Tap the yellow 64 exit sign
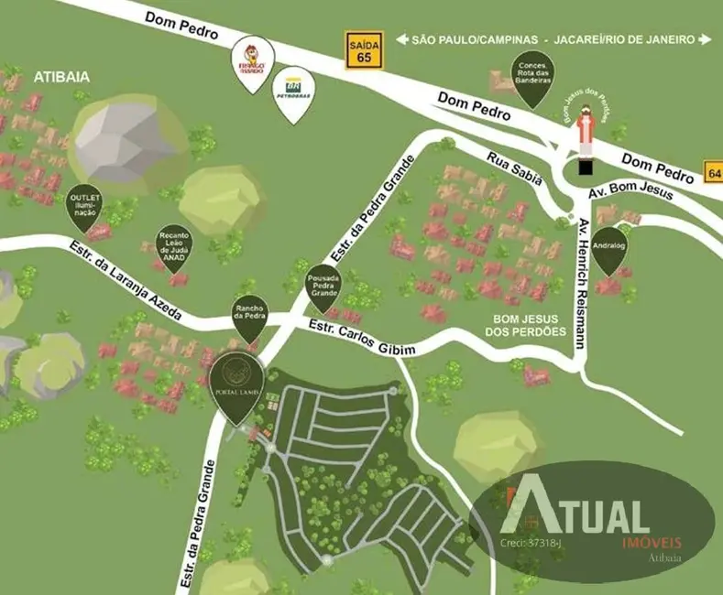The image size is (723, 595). [x=713, y=171]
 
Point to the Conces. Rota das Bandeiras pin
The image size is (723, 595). [x=532, y=77]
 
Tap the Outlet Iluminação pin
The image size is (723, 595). [x=84, y=206]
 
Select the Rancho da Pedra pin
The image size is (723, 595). [x=250, y=314]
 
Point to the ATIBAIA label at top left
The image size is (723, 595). [x=61, y=77]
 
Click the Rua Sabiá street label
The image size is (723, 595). [x=515, y=167]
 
